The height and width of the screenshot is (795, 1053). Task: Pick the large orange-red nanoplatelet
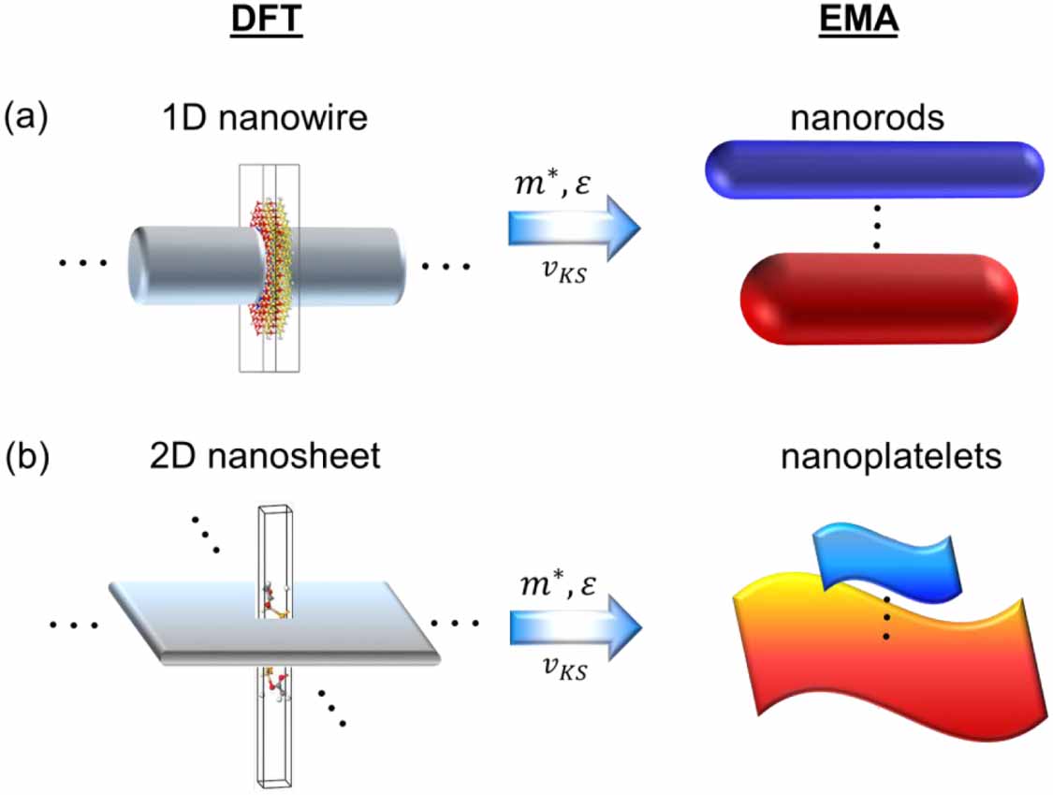(889, 655)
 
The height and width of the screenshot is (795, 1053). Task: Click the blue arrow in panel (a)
(574, 227)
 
